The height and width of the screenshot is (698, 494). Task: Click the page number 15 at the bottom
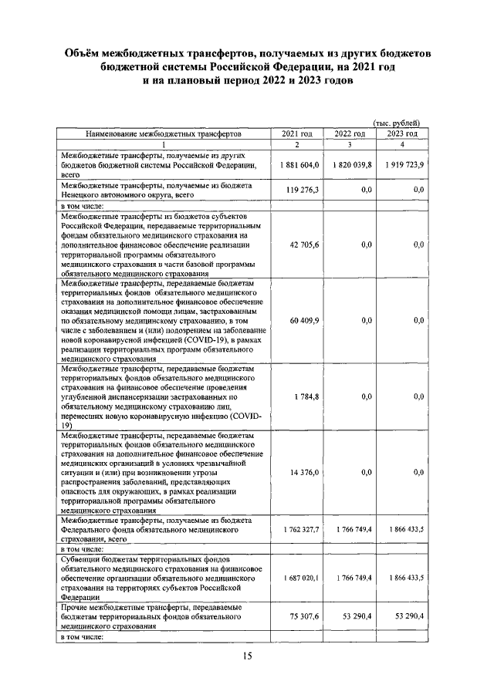pos(248,656)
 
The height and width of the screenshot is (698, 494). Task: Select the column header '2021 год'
pos(296,133)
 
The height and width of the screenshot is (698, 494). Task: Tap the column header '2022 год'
pos(349,133)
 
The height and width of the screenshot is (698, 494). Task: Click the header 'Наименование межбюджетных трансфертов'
pos(164,133)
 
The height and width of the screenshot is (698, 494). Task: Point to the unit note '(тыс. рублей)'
pos(397,123)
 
